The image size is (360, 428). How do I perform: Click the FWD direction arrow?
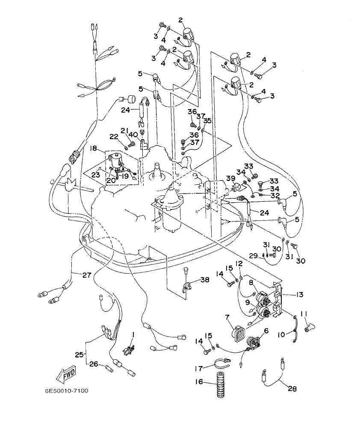[x=66, y=375]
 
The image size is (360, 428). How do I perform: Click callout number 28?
[x=292, y=389]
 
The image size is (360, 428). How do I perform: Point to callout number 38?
[x=205, y=280]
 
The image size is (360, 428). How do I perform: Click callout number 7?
[x=227, y=317]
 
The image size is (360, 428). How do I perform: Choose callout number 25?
[x=79, y=354]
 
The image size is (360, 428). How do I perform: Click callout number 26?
[x=94, y=364]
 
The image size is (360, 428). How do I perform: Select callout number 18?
[x=93, y=148]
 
